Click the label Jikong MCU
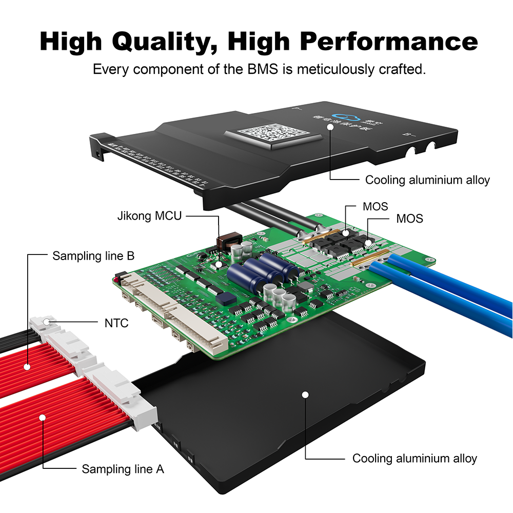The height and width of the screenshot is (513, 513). pos(149,215)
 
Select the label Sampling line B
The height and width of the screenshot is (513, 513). pos(93,255)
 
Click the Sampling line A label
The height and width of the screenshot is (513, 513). pos(123,468)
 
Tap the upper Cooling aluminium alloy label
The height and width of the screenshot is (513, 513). pos(427,180)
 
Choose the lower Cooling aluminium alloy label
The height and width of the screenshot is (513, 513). pos(415,458)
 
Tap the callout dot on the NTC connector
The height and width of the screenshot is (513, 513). pos(47,322)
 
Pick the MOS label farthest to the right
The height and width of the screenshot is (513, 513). pos(409,219)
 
